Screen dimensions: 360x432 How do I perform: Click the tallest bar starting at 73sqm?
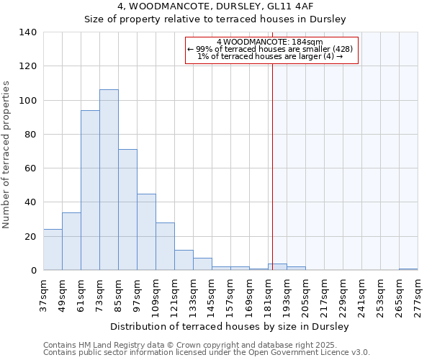109,180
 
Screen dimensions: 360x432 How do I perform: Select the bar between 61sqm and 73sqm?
90,190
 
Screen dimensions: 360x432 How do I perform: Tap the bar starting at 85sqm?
127,210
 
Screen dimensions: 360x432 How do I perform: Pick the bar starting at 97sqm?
146,232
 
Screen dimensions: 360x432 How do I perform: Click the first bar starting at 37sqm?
53,250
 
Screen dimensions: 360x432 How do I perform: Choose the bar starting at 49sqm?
71,241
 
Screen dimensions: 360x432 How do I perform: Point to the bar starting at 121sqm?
184,260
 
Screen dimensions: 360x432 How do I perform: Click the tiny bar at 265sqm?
408,269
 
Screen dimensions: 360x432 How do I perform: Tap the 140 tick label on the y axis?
28,32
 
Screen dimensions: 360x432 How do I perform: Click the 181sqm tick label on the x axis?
269,293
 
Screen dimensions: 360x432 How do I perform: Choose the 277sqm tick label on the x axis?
418,293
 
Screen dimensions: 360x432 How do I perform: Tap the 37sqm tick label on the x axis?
44,293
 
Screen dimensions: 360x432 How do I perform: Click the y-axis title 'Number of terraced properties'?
7,155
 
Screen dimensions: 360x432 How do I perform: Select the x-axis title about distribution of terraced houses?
230,327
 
